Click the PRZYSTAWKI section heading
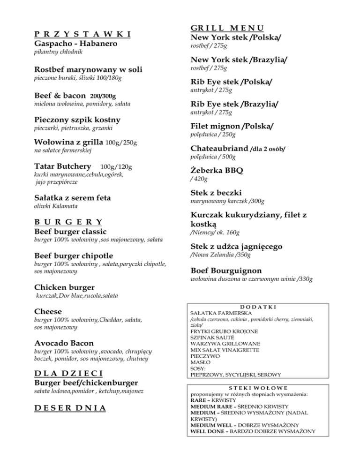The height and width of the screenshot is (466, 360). point(82,34)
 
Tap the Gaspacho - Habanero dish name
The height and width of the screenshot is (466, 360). point(75,44)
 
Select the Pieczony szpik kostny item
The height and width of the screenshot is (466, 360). point(77,120)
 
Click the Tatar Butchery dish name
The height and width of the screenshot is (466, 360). point(63,166)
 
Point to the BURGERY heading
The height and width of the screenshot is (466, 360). point(69,222)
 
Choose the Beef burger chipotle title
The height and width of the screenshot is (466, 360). point(74,256)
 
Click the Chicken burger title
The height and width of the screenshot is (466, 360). point(65,287)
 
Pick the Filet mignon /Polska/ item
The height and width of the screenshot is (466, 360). point(232,127)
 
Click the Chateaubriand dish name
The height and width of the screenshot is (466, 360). point(219,149)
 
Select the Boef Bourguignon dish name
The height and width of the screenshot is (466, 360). point(226,271)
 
